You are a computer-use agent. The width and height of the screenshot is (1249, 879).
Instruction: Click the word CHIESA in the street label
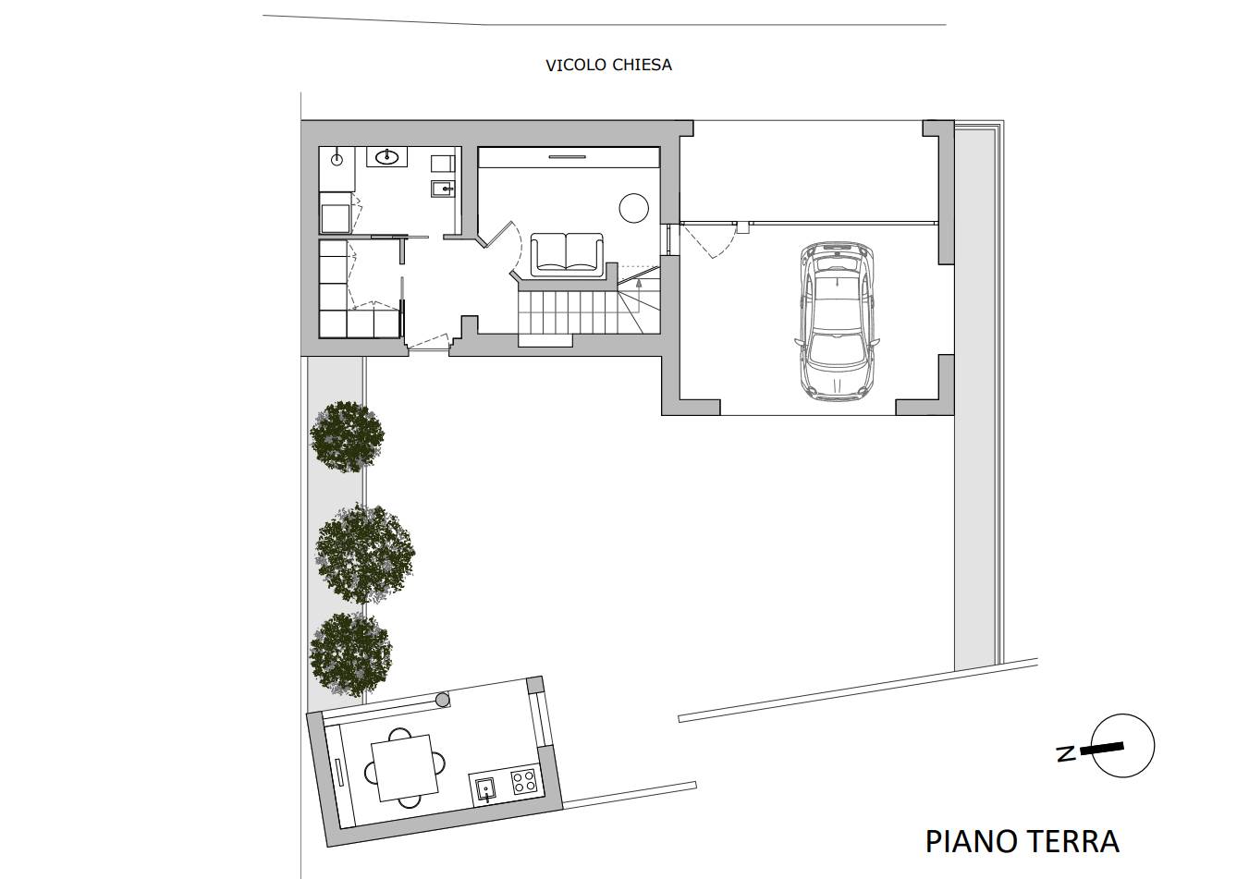[x=642, y=66]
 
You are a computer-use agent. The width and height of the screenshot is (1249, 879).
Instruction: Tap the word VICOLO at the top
[x=576, y=66]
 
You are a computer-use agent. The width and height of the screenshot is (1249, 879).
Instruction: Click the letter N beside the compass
[x=1066, y=754]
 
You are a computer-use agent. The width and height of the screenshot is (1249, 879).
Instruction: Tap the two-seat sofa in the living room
[x=567, y=253]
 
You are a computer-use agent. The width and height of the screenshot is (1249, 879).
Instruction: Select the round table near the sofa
[x=634, y=208]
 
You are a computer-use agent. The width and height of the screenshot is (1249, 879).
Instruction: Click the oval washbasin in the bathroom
[x=386, y=157]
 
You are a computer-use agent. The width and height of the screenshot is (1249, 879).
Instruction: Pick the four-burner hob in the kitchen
[x=524, y=781]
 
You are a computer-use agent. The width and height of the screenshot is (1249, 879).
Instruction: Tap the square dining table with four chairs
[x=405, y=767]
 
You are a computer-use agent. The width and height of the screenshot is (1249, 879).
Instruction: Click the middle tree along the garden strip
[x=365, y=554]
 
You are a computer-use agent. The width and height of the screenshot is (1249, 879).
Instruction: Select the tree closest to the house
[x=347, y=436]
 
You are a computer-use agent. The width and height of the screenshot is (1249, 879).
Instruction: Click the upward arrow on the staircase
[x=639, y=286]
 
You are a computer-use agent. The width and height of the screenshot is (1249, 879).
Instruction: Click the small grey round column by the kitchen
[x=443, y=700]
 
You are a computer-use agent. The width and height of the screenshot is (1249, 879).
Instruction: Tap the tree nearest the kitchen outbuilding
[x=350, y=654]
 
